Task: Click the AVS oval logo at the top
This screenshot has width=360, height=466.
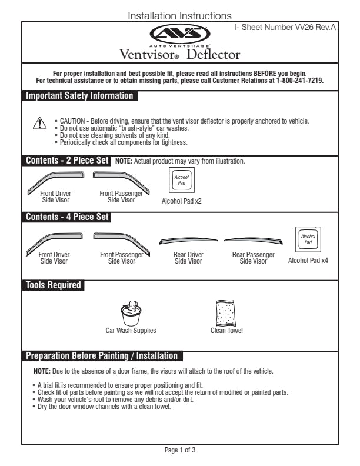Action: [180, 34]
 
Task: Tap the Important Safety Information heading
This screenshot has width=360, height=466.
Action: [79, 96]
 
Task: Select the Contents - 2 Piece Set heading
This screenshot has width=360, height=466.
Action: [68, 161]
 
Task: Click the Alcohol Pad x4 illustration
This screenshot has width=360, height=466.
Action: [308, 240]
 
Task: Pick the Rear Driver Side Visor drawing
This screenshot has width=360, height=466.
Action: [189, 241]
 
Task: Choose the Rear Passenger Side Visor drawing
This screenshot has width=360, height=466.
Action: [253, 241]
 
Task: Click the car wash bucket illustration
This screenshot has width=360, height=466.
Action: [131, 313]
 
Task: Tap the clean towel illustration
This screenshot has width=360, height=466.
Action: [226, 312]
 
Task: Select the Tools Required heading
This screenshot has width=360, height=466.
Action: [54, 285]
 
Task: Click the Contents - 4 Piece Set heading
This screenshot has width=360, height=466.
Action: [68, 217]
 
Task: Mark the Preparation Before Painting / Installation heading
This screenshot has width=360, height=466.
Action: [102, 356]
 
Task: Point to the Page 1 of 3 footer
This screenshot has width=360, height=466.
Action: [180, 450]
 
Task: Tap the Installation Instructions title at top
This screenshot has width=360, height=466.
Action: [180, 16]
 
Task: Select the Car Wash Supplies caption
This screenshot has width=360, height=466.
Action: [131, 331]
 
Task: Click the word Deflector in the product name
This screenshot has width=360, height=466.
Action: [214, 55]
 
